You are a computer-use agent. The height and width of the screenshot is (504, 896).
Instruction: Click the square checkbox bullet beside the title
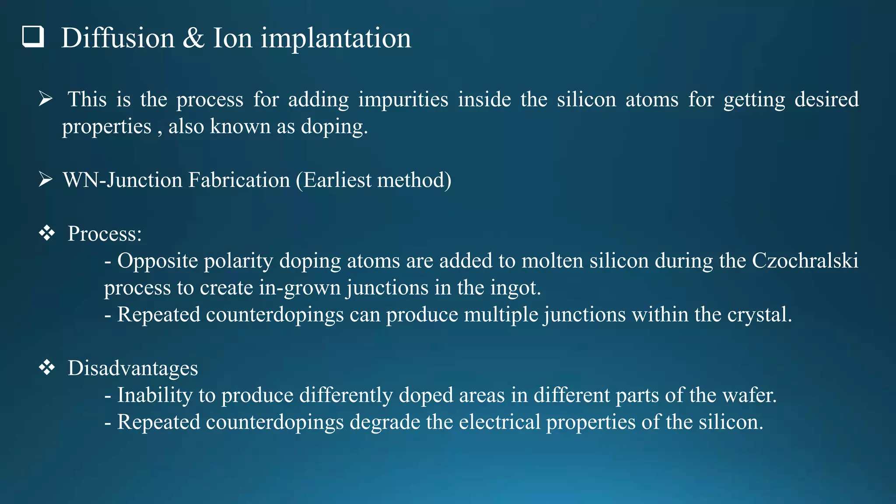click(x=33, y=36)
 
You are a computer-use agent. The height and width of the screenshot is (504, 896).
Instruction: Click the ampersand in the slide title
click(x=193, y=38)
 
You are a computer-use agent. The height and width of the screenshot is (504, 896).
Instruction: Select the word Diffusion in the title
click(x=118, y=38)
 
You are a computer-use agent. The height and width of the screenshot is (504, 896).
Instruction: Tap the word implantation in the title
click(x=336, y=39)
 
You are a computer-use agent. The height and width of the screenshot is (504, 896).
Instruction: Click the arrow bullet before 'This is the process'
click(x=45, y=99)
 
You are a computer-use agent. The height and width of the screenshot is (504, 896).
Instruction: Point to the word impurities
click(x=403, y=100)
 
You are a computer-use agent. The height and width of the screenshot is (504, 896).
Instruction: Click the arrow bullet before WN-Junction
click(x=45, y=179)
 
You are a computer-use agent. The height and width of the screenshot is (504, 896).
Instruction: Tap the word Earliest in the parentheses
click(x=337, y=180)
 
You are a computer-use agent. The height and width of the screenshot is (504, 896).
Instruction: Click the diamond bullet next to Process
click(x=47, y=233)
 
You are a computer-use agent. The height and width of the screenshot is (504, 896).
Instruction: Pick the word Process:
click(x=105, y=234)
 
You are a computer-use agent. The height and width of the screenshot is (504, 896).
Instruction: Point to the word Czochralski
click(x=805, y=261)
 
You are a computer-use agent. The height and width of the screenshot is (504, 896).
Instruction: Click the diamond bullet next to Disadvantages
click(x=47, y=367)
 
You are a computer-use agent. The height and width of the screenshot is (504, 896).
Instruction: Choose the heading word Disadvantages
click(x=133, y=368)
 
